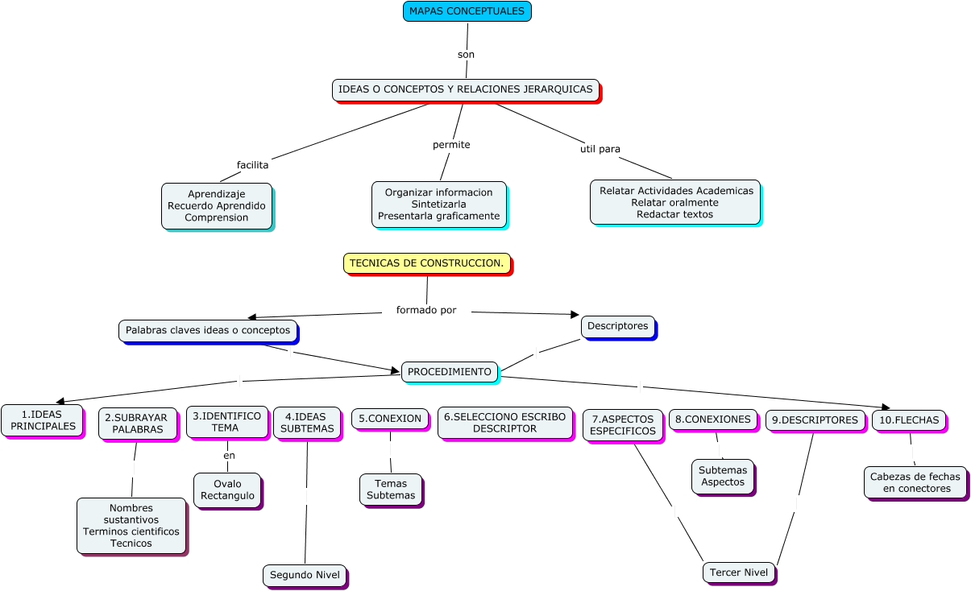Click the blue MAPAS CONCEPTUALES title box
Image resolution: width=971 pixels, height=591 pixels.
pos(467,11)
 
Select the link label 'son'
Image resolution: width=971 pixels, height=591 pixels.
pos(466,55)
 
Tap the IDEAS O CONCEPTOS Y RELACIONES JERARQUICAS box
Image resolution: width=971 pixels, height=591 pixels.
pos(465,89)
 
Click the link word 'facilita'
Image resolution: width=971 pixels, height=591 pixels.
pos(252,165)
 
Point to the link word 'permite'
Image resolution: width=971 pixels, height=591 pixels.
pos(451,145)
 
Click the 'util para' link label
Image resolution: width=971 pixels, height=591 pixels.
pos(600,149)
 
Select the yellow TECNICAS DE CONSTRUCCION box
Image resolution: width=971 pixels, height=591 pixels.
pos(426,263)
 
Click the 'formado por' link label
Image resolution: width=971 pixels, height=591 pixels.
pos(426,310)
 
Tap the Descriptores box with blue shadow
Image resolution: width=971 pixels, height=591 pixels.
pos(617,326)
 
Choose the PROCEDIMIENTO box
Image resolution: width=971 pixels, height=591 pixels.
pos(449,372)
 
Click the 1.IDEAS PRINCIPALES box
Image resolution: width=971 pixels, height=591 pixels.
pos(42,420)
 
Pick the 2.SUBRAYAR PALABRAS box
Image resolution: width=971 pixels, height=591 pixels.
pos(137,424)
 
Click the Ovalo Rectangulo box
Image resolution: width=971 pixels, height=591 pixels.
pos(226,490)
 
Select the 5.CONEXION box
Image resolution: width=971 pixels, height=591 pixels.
pos(390,419)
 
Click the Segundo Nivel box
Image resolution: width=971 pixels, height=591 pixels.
pos(305,575)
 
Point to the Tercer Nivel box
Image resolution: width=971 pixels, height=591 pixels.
pos(739,572)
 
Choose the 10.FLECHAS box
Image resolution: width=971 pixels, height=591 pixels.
pos(908,420)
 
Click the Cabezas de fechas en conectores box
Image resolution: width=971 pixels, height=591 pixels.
pos(915,482)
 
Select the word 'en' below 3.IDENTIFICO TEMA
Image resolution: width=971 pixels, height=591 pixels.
pos(229,456)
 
